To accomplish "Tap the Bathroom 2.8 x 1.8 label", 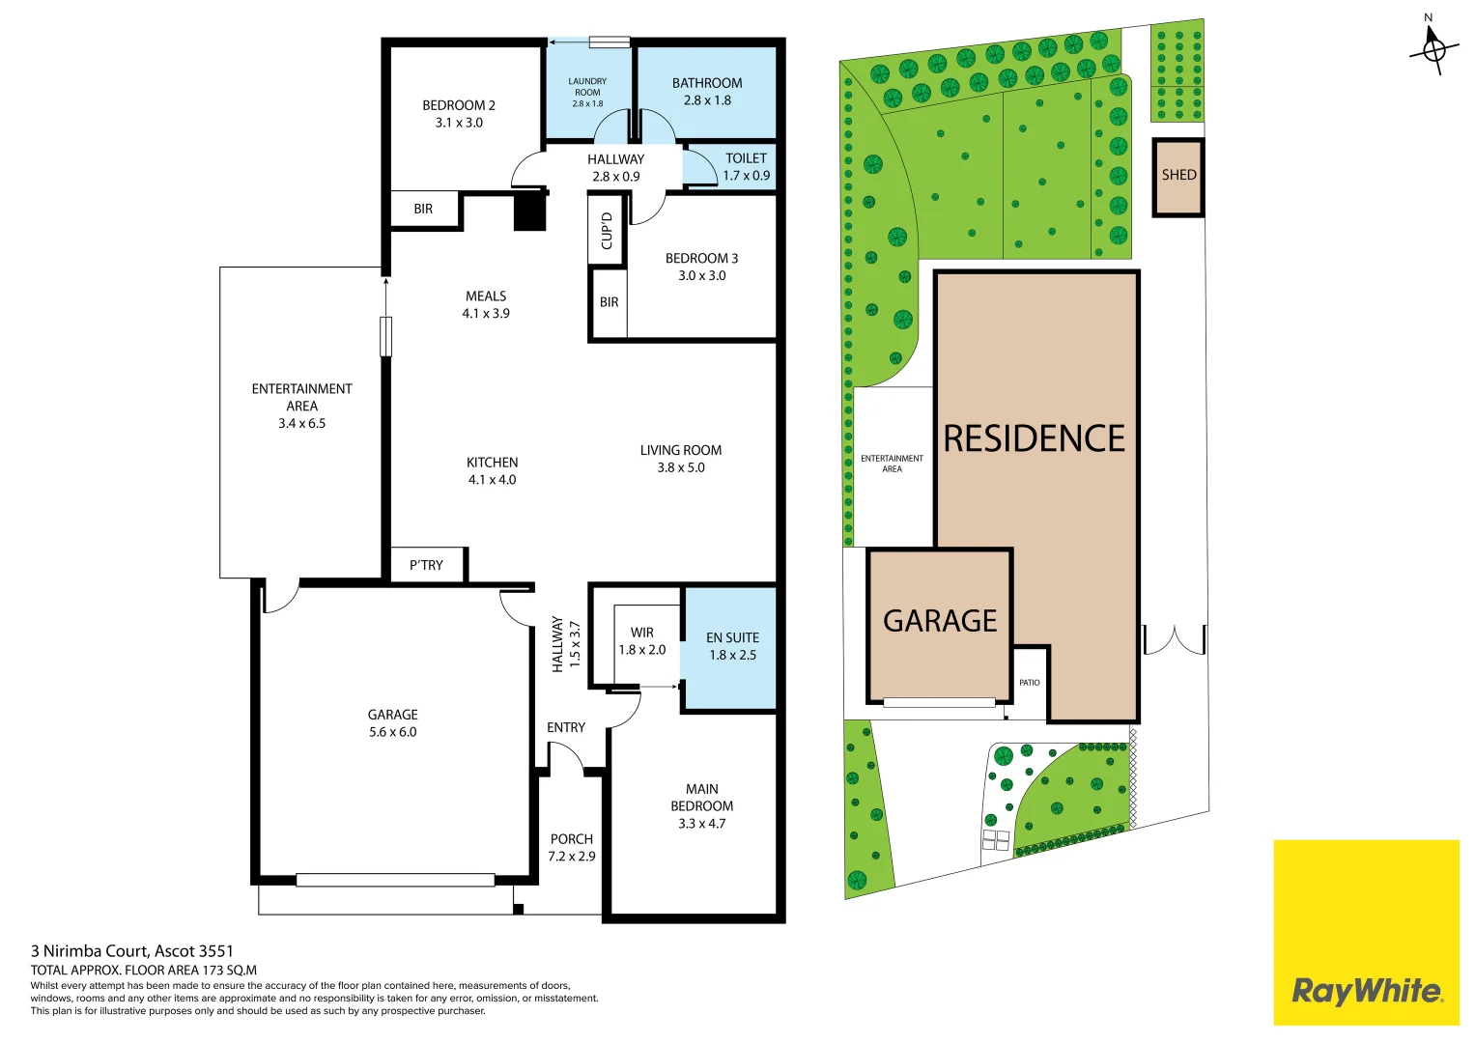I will click(707, 92).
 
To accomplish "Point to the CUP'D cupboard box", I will click(607, 230).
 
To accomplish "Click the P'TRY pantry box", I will click(426, 565).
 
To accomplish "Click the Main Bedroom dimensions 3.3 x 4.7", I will click(702, 824).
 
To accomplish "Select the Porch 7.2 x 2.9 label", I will click(572, 848).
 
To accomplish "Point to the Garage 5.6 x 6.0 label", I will click(393, 723).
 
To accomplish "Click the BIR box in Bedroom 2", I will click(423, 209).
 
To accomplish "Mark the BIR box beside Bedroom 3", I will click(609, 302).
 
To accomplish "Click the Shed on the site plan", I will click(1178, 176).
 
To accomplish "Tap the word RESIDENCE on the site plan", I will click(1034, 438).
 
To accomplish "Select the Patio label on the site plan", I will click(1030, 683).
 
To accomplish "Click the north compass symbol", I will click(1433, 46).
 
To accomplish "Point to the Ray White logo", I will click(1366, 991).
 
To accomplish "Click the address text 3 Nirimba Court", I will click(132, 951).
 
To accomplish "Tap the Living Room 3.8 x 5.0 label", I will click(681, 459).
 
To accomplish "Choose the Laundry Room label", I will click(587, 92).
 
